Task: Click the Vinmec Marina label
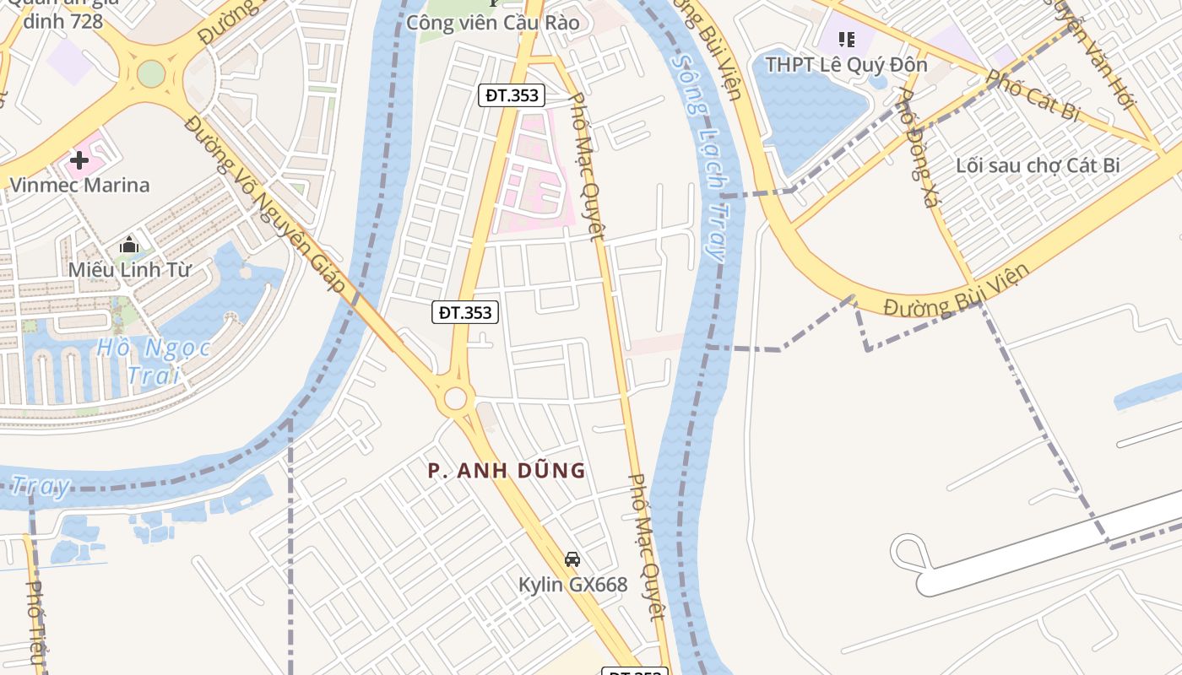[x=79, y=185]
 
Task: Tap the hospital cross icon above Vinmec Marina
[x=79, y=159]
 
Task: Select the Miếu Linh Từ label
[x=130, y=270]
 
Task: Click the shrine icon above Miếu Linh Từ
[x=129, y=246]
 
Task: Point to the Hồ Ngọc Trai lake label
[x=153, y=360]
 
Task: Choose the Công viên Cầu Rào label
[x=493, y=23]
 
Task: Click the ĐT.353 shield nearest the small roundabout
[x=465, y=312]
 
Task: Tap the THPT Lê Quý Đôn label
[x=846, y=64]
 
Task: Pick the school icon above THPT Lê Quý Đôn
[x=847, y=40]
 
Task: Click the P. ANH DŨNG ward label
[x=507, y=471]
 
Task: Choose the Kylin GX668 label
[x=572, y=585]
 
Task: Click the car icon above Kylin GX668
[x=572, y=559]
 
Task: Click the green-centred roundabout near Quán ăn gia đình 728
[x=150, y=73]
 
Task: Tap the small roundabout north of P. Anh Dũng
[x=456, y=398]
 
